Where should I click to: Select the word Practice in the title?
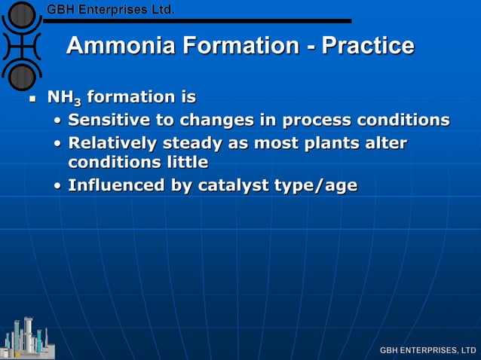point(368,46)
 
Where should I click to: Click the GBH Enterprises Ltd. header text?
point(111,10)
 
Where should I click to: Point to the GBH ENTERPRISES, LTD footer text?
point(427,350)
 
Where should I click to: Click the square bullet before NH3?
point(31,99)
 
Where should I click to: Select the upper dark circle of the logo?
point(22,15)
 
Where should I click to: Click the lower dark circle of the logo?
point(22,76)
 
